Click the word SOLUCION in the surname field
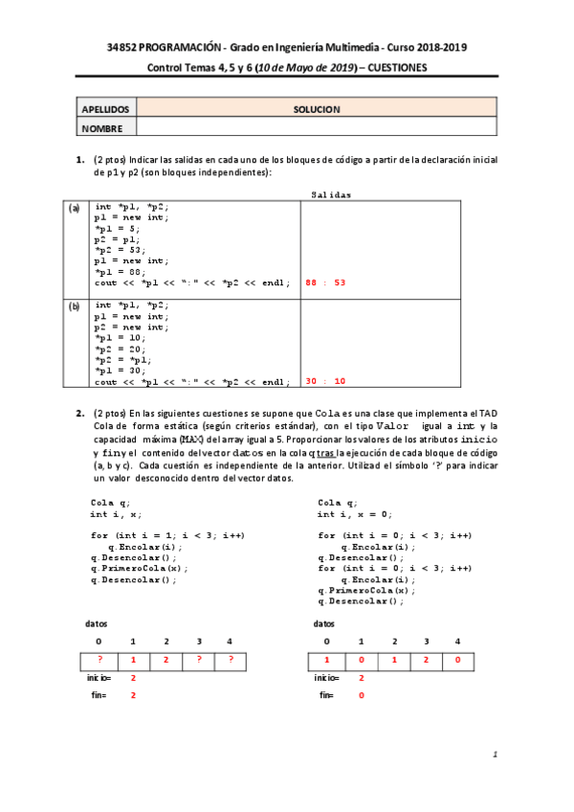(317, 109)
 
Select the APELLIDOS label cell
(105, 109)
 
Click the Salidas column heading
(331, 194)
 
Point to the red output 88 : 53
(324, 282)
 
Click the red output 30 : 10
(324, 381)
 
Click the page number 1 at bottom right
(496, 756)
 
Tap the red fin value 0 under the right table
(362, 695)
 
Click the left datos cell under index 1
(133, 660)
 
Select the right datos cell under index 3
(426, 660)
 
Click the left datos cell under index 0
(99, 660)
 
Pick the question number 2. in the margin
(81, 413)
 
